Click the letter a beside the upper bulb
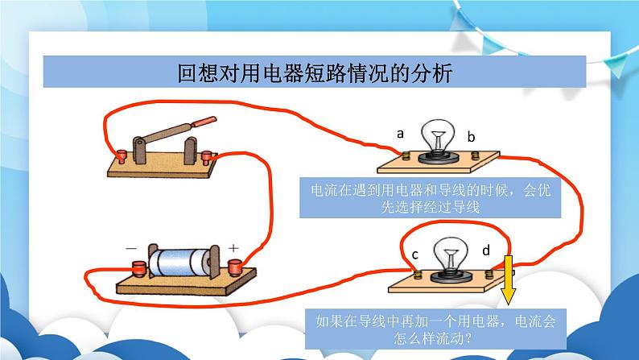pos(400,134)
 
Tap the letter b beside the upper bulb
pos(471,137)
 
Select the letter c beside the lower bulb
pos(414,254)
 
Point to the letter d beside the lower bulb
pos(486,250)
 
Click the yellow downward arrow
pos(508,280)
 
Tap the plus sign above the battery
pos(233,248)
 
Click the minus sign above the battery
pos(131,248)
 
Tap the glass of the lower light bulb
pos(451,253)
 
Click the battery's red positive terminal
pos(235,267)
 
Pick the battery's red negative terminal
pos(139,269)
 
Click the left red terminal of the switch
pos(121,156)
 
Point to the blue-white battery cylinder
pos(179,263)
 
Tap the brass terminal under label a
pos(406,155)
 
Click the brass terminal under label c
pos(418,275)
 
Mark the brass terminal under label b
pos(475,155)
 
